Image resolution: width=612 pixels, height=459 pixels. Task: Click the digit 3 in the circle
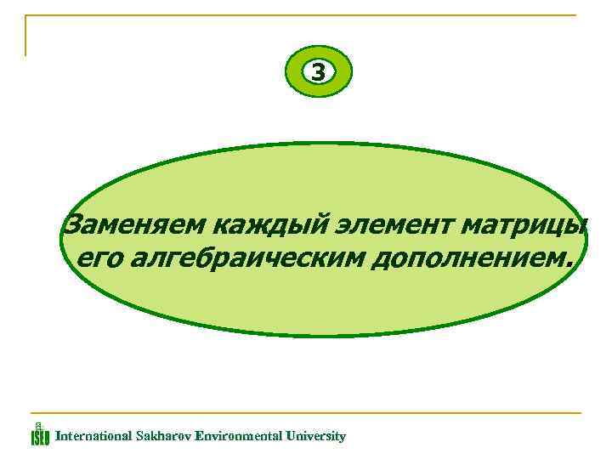pos(318,73)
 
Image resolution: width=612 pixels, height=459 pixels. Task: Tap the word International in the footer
pos(93,436)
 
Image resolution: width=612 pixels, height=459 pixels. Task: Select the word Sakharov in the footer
pos(163,436)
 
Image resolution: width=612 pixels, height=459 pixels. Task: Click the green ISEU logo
pos(40,434)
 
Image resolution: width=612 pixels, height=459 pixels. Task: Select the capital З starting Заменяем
pos(74,225)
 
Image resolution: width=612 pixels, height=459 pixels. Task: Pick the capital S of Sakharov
pos(139,436)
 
